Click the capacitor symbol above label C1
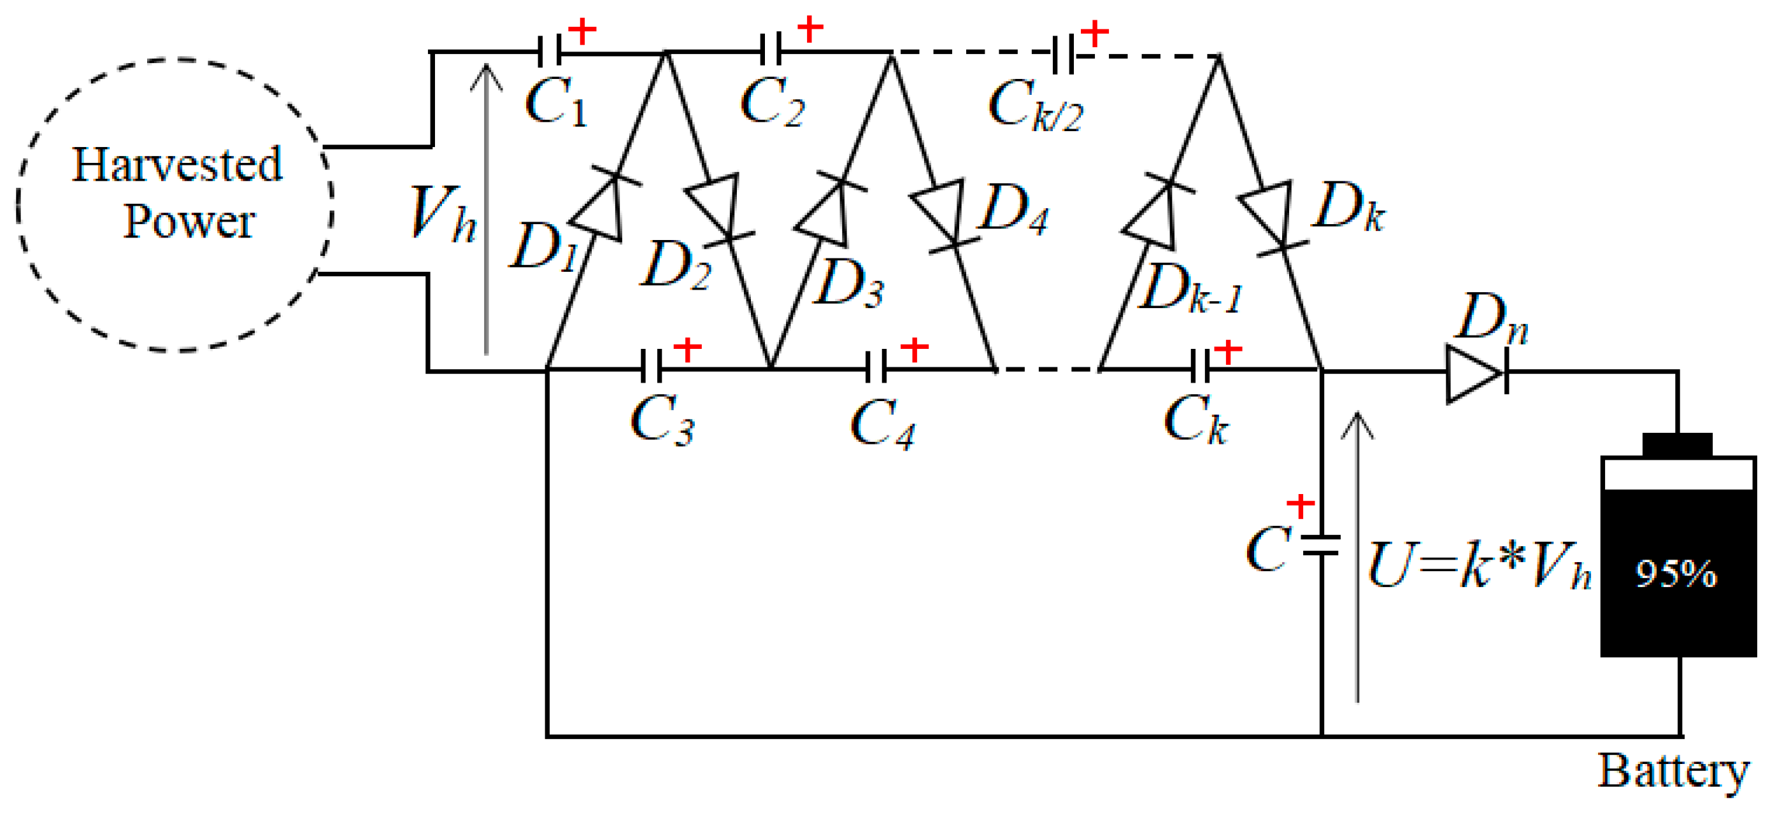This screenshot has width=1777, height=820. coord(549,51)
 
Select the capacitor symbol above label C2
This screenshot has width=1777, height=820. coord(771,51)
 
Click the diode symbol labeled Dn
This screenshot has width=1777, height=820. coord(1475,374)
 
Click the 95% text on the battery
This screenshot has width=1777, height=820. coord(1676,574)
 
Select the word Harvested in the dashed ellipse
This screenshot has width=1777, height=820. coord(176,166)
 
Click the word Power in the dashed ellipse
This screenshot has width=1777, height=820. coord(189,222)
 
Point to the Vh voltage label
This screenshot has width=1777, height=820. coord(442,214)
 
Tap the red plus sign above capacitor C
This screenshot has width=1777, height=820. coord(1301,505)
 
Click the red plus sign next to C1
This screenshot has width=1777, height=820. coord(582,31)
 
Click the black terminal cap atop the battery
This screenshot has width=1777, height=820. coord(1677,444)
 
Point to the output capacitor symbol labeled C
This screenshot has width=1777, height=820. coord(1320,545)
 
